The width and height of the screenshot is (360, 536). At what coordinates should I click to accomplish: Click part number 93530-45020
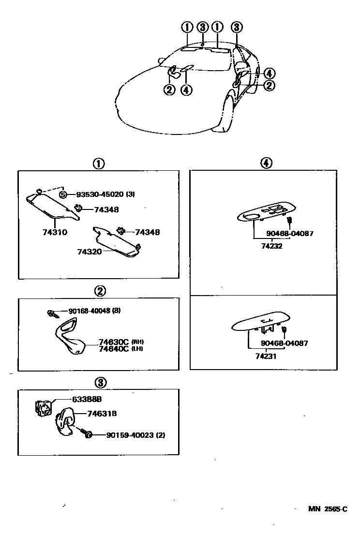(100, 194)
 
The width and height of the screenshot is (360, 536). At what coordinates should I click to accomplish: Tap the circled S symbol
(63, 194)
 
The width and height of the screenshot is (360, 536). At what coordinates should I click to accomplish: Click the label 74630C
(113, 342)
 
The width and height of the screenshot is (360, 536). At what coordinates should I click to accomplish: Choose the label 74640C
(113, 348)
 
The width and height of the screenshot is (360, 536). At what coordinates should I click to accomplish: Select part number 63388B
(87, 399)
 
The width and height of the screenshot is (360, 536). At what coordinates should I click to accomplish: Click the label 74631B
(102, 414)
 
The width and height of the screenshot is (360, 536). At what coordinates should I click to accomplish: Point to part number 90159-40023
(129, 435)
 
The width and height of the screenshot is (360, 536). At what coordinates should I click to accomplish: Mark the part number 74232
(271, 246)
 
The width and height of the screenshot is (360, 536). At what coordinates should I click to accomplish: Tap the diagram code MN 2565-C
(328, 509)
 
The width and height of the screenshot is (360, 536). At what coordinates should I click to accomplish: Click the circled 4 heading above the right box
(265, 164)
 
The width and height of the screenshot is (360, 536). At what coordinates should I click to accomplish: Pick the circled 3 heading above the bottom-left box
(100, 383)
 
